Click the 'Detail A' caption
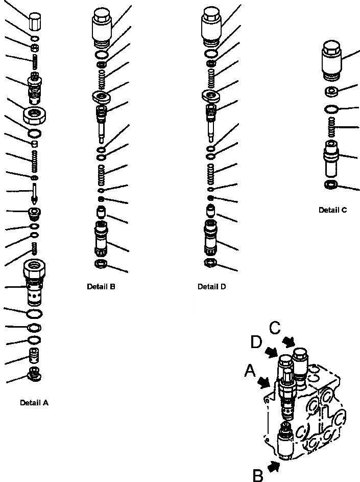tap(34, 403)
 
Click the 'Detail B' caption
tap(101, 287)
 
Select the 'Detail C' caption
tap(333, 210)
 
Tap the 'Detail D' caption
tap(211, 287)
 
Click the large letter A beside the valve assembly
tap(250, 371)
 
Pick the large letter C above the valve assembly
tap(275, 328)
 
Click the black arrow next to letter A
tap(265, 381)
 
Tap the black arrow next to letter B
tap(275, 465)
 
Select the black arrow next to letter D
tap(272, 351)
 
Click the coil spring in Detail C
tap(332, 127)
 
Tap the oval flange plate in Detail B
tap(104, 96)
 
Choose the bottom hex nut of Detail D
tap(210, 263)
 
